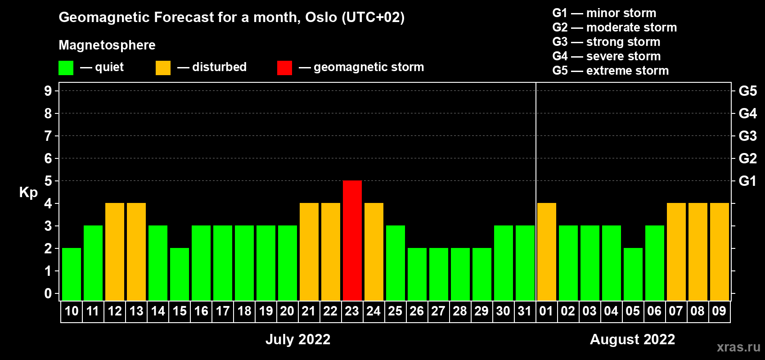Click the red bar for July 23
(352, 240)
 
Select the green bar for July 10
(72, 274)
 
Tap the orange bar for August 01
(546, 252)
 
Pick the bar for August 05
(633, 274)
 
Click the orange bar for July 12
(115, 252)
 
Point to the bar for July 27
(438, 274)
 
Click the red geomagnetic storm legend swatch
(284, 67)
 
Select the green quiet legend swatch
(66, 67)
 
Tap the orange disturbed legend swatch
(163, 67)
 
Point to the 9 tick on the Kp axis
(48, 91)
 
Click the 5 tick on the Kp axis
(48, 181)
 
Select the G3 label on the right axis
(747, 136)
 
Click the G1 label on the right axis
(747, 181)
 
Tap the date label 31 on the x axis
(525, 311)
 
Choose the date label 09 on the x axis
(719, 311)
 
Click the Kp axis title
(28, 192)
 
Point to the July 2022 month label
(298, 339)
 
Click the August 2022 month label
(633, 339)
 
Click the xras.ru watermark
(739, 347)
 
